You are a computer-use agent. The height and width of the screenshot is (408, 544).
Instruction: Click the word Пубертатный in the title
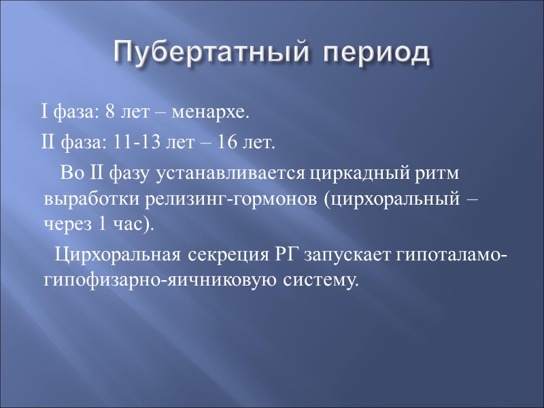205,52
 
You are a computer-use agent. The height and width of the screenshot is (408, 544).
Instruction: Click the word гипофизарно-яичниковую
158,280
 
